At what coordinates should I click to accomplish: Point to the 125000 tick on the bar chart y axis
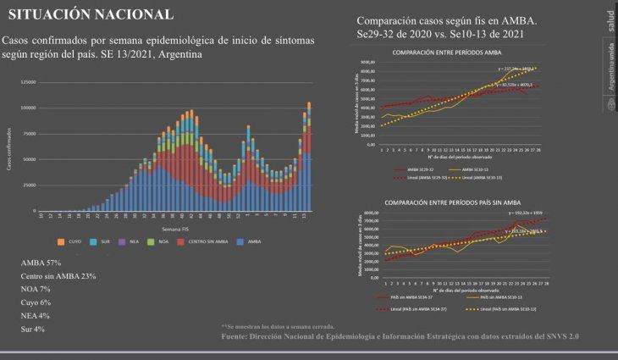[28, 81]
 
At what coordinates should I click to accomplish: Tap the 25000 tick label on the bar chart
[30, 185]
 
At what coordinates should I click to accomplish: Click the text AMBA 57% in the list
[41, 263]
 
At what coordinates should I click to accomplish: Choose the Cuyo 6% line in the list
[36, 302]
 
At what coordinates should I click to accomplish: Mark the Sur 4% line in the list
[34, 329]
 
